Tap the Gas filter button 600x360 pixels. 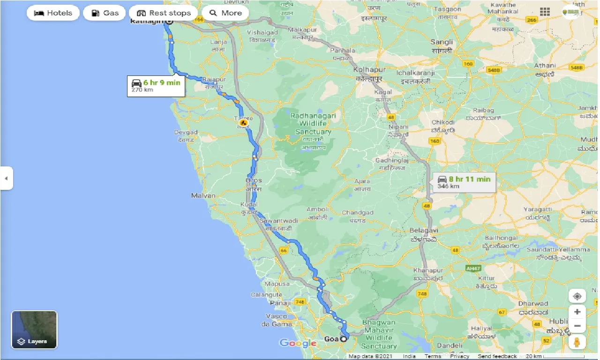(x=105, y=13)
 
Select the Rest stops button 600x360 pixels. (x=163, y=13)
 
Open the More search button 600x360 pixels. (x=225, y=13)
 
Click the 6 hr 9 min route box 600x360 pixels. (x=156, y=85)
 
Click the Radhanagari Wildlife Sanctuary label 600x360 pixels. (x=310, y=124)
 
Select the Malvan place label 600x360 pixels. (x=203, y=195)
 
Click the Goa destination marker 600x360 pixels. (x=344, y=339)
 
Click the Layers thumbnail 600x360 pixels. (x=34, y=330)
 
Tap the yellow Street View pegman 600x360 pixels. (x=577, y=343)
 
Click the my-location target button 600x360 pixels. (x=577, y=296)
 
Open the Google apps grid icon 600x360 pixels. (x=545, y=12)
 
